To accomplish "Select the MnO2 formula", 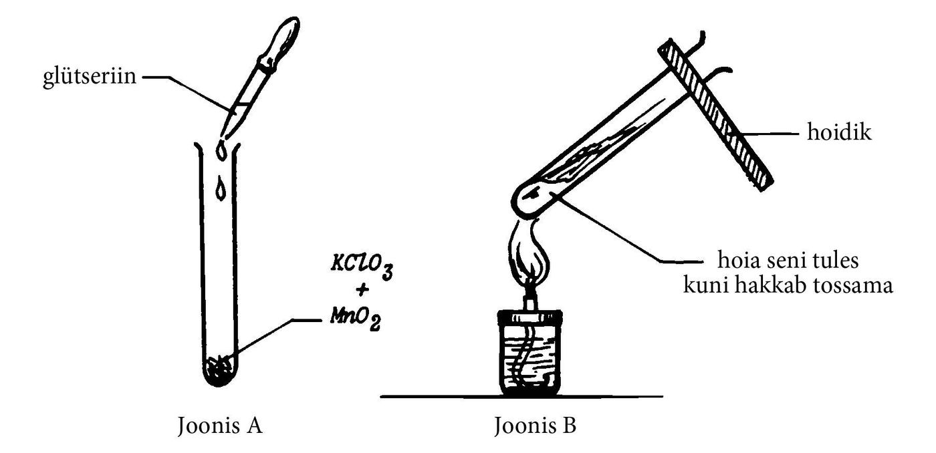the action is click(356, 319).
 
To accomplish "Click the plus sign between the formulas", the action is click(362, 290).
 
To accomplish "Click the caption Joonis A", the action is click(220, 426).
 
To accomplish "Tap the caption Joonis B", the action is click(536, 426).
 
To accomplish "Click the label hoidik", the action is click(839, 132).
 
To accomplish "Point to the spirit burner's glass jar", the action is click(530, 354).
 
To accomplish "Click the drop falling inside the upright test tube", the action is click(220, 188).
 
